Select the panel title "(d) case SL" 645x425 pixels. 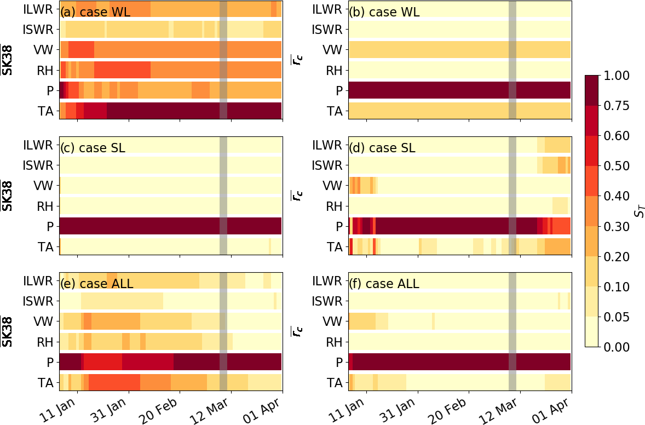(382, 148)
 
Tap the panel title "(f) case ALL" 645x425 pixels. (384, 284)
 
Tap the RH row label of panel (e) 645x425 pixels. (44, 342)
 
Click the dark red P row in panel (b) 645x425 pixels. (459, 90)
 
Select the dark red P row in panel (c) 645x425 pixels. (170, 226)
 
